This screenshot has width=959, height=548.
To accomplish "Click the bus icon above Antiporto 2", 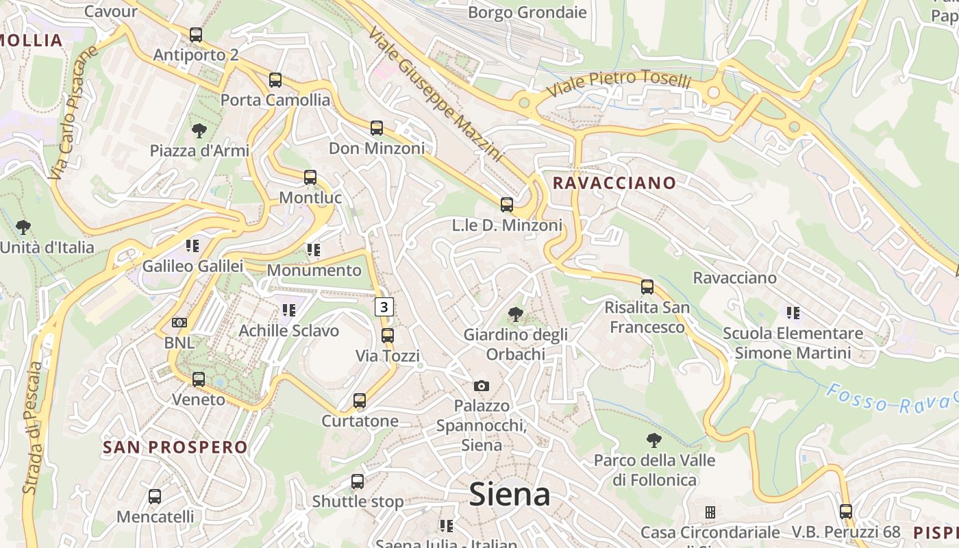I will pyautogui.click(x=196, y=35).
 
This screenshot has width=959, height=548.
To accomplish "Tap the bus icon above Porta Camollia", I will pyautogui.click(x=275, y=80).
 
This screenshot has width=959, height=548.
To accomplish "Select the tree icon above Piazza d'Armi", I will pyautogui.click(x=199, y=130).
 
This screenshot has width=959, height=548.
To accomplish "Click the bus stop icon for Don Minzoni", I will pyautogui.click(x=377, y=128).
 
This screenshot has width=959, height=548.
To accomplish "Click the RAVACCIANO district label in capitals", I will pyautogui.click(x=614, y=183).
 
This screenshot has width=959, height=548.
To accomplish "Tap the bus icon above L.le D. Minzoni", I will pyautogui.click(x=507, y=205).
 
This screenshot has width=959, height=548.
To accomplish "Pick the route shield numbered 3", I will pyautogui.click(x=384, y=307).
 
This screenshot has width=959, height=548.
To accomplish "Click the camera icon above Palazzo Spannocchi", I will pyautogui.click(x=482, y=386).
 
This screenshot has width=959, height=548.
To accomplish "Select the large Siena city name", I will pyautogui.click(x=510, y=495).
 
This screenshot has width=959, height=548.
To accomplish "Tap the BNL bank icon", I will pyautogui.click(x=179, y=323).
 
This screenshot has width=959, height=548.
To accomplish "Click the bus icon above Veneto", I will pyautogui.click(x=199, y=379).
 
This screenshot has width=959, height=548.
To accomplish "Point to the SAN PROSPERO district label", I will pyautogui.click(x=175, y=447).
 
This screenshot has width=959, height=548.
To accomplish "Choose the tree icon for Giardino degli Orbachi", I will pyautogui.click(x=516, y=315).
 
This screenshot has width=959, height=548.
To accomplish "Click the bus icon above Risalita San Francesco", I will pyautogui.click(x=647, y=287).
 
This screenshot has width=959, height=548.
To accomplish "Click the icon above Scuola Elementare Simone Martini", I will pyautogui.click(x=793, y=313).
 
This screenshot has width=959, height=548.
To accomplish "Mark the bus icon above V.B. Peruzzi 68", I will pyautogui.click(x=846, y=512).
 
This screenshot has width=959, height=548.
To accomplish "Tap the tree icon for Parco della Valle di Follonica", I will pyautogui.click(x=654, y=440).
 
